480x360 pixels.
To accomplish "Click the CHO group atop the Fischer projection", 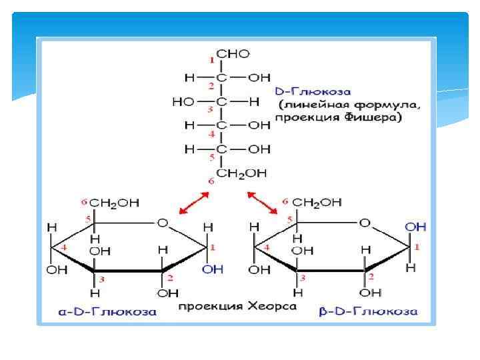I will [x=235, y=53].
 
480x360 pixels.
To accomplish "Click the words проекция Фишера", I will [x=338, y=118].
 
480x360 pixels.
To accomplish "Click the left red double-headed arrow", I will [x=194, y=203].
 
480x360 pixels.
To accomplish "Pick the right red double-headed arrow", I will [x=263, y=203].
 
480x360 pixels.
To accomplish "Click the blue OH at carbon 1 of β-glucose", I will [x=415, y=227].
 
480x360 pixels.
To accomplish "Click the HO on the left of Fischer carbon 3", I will [x=183, y=102].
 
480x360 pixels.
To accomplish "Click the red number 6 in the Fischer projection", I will [x=212, y=181].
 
